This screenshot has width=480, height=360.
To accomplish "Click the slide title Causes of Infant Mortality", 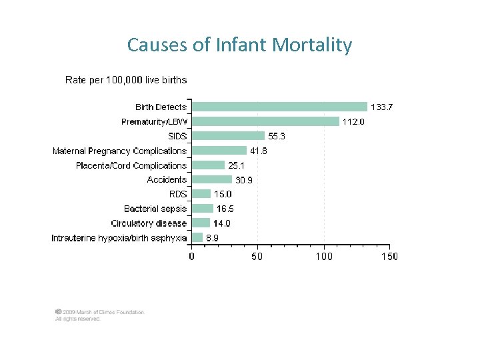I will point(239,45).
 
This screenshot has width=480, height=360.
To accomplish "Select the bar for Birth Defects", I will point(279,107).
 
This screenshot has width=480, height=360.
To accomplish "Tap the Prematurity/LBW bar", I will point(265,121).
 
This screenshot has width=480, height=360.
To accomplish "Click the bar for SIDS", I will point(228,136).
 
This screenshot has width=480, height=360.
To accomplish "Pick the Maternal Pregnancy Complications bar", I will point(219,151).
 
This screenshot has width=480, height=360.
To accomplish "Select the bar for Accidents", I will point(212,179).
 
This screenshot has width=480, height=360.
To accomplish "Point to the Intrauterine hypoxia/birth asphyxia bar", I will point(197,237).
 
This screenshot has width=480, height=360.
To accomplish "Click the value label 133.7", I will point(386,107).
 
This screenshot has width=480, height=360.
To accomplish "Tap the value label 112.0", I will point(353,122).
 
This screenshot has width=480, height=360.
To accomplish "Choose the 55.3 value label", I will point(277,136).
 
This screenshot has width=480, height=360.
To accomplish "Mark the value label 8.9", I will point(212,238).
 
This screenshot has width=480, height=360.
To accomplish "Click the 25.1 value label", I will point(237,165).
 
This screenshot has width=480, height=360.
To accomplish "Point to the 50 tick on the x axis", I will point(257,257).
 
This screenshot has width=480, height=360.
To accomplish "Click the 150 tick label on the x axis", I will point(389,257).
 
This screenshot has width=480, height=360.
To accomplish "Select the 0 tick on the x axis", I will point(192,257).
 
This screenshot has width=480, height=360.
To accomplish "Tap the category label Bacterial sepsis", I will point(155,209).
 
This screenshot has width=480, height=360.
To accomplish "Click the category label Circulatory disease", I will point(149,223).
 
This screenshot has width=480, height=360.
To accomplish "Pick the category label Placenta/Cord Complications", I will point(131,165).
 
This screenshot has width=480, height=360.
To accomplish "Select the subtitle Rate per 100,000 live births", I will point(126,80).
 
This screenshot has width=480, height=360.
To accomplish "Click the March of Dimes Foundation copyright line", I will point(100,312).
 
